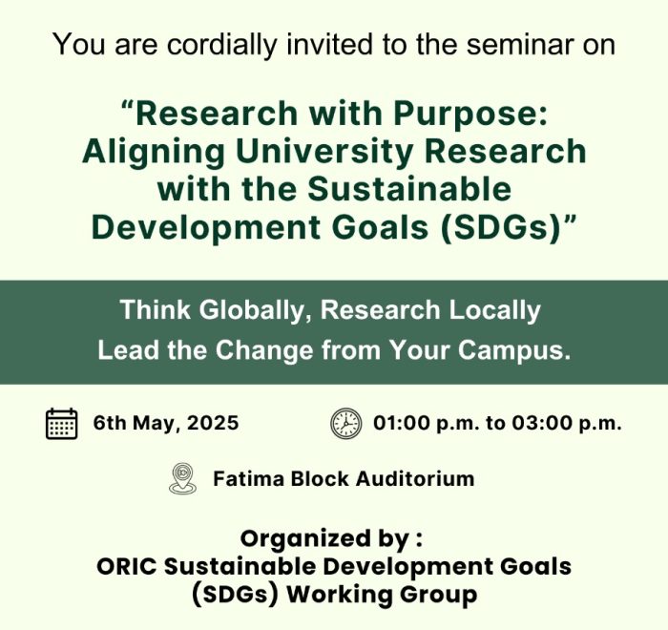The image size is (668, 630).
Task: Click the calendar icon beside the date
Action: coord(62,423)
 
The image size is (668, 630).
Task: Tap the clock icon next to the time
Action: coord(345,423)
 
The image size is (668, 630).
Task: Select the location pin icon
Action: coord(183,478)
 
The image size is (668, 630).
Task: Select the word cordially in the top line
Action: coord(221,44)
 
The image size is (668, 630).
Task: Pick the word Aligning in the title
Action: coord(154,152)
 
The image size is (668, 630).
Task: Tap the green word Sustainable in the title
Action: coord(409,189)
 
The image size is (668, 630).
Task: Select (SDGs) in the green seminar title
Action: coord(500,227)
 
